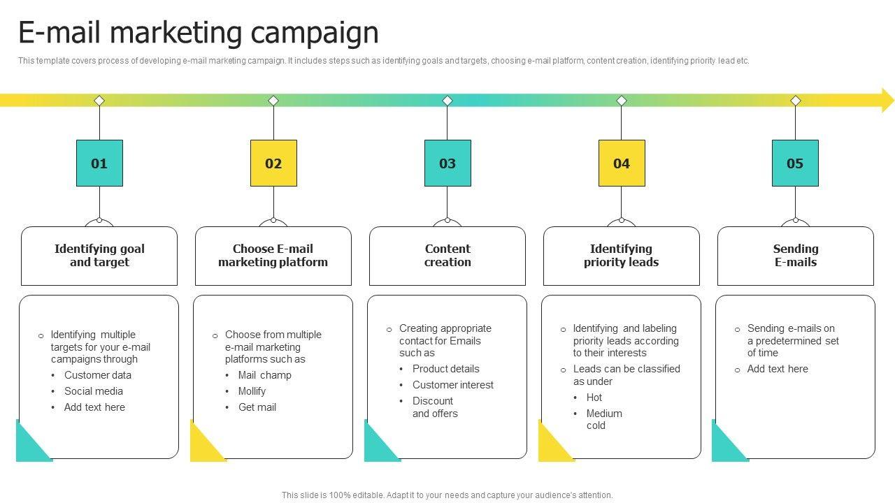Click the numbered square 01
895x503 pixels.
[99, 163]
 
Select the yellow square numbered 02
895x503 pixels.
[273, 163]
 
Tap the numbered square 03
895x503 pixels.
[447, 163]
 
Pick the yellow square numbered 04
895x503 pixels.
[622, 163]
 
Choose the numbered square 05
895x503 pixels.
[795, 163]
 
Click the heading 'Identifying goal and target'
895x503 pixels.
[99, 256]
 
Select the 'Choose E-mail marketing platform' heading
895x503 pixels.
[273, 256]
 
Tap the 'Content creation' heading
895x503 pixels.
[447, 256]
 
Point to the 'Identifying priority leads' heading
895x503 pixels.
[622, 256]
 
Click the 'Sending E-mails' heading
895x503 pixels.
[796, 256]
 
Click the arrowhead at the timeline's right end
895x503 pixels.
[887, 101]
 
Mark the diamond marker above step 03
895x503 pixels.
[447, 101]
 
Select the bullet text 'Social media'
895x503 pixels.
[94, 391]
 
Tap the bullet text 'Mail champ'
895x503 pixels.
[265, 375]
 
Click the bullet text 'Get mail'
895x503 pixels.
[257, 407]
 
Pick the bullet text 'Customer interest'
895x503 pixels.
[453, 385]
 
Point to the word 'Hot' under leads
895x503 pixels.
[594, 398]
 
